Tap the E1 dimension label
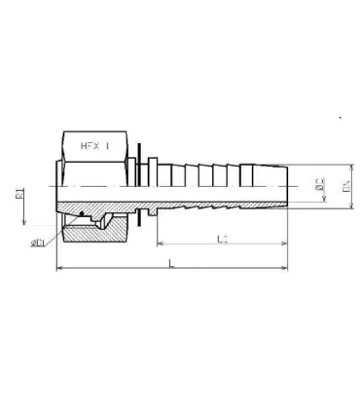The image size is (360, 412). click(x=20, y=200)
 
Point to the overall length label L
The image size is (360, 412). click(x=172, y=262)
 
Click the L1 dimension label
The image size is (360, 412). click(x=223, y=239)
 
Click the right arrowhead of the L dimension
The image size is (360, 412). click(x=287, y=268)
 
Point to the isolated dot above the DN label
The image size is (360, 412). click(x=340, y=118)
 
